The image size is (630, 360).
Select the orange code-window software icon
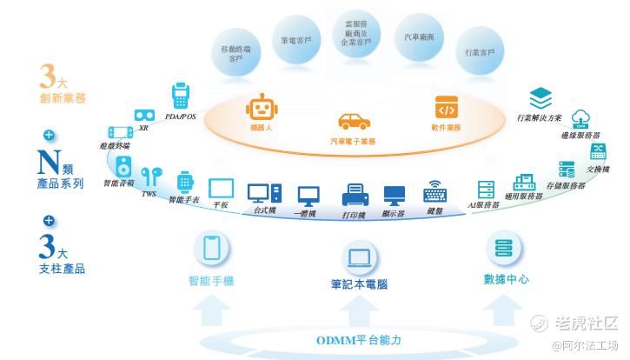pos(446,108)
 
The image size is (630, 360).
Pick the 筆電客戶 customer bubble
pos(296,40)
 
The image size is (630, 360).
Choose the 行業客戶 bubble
pos(480,54)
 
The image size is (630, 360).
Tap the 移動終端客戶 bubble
pos(236,54)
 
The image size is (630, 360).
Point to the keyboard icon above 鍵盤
pos(434,194)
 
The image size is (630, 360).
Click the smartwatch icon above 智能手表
pos(184,182)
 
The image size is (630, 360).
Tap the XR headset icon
pos(144,115)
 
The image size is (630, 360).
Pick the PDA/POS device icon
pos(181,94)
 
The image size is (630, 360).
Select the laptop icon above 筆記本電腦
pos(359,257)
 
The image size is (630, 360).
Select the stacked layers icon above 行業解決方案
pos(540,97)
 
